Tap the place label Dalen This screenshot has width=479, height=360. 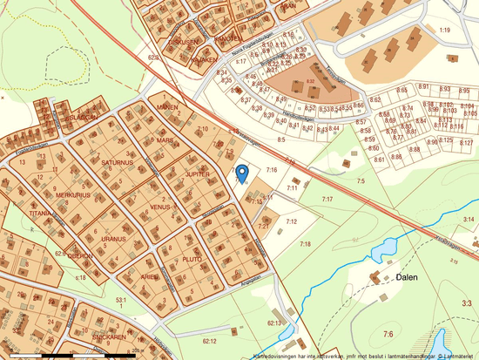408,276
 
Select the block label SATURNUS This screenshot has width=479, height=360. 118,162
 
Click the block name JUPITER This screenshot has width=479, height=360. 198,174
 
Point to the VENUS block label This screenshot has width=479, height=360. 159,207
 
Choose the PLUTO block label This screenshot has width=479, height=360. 192,260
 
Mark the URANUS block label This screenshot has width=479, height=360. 112,238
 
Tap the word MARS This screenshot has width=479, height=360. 165,139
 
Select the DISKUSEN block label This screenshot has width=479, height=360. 185,41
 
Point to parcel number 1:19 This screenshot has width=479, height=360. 444,31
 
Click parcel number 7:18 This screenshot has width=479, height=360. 305,244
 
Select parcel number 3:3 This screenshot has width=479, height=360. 467,303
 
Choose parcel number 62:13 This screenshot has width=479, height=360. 274,323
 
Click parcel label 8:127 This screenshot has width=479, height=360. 466,142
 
